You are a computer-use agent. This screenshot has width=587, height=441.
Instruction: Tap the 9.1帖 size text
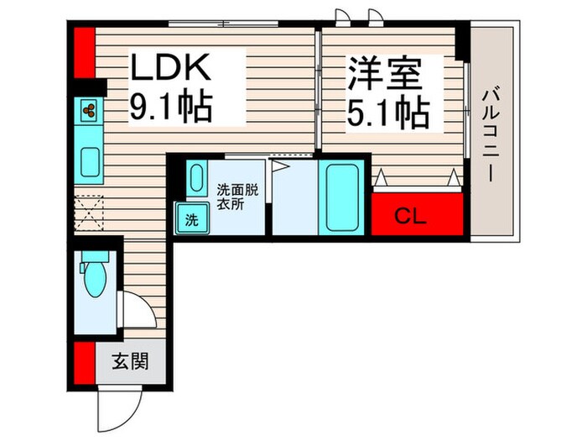[x=171, y=107]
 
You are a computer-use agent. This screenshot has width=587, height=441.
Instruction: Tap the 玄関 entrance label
[x=130, y=362]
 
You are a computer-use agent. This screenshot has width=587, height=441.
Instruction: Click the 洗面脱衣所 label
[x=236, y=196]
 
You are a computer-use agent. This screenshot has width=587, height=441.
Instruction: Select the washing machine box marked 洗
[x=191, y=221]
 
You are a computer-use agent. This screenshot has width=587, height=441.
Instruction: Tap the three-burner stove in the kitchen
[x=89, y=108]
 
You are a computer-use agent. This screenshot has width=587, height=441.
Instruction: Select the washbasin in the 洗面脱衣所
[x=195, y=178]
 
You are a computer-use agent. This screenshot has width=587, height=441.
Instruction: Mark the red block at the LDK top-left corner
[x=82, y=52]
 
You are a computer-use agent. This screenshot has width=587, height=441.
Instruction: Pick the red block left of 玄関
[x=82, y=363]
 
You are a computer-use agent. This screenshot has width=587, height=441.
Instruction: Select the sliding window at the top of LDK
[x=221, y=24]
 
